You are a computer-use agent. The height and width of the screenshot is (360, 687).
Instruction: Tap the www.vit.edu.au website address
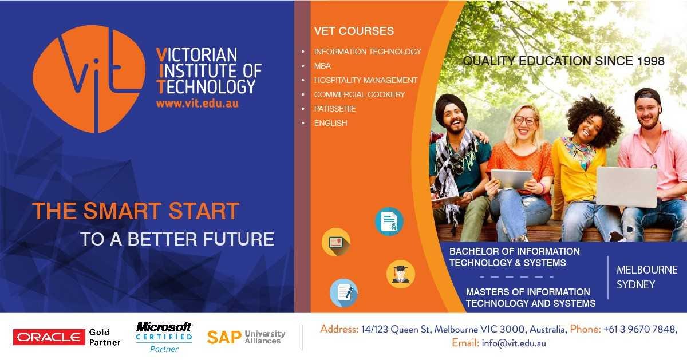[x=197, y=104]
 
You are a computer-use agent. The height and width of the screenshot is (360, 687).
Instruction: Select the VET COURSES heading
[x=354, y=31]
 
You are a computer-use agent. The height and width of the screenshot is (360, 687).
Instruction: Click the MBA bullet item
[x=322, y=66]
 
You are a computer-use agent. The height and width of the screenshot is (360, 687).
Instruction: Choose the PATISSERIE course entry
[x=334, y=109]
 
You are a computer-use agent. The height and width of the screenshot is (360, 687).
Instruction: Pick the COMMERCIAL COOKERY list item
[x=359, y=94]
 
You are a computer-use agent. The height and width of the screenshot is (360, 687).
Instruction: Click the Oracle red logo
[x=49, y=337]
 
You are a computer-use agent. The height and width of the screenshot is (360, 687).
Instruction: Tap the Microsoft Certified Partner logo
[x=164, y=337]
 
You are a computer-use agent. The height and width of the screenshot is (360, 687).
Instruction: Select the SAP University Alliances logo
[x=246, y=337]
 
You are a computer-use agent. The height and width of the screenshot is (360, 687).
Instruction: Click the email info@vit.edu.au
[x=514, y=343]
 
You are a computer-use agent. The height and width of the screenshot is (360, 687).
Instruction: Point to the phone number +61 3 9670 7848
[x=639, y=329]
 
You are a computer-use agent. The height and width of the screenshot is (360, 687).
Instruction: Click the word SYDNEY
[x=635, y=284]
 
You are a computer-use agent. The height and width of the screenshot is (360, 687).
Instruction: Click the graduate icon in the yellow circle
[x=400, y=274]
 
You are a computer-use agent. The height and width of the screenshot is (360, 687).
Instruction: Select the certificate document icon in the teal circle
[x=389, y=221]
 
